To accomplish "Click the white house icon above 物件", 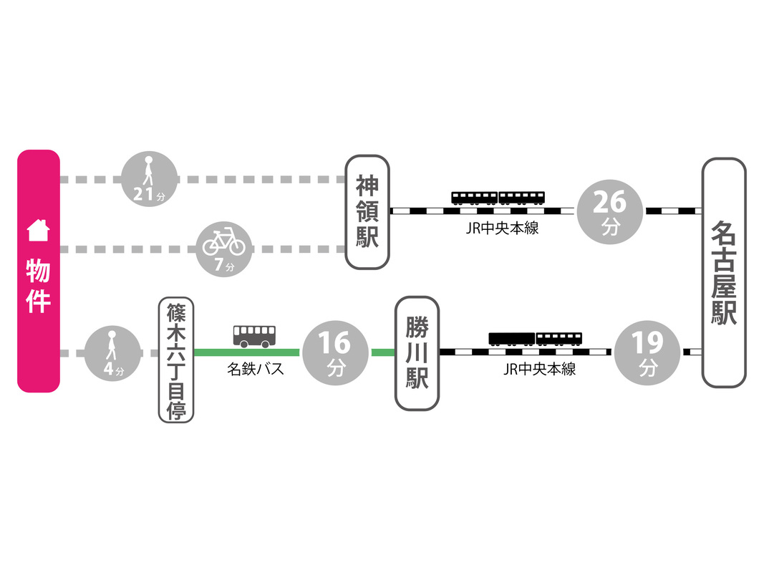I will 37,231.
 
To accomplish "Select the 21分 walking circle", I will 148,178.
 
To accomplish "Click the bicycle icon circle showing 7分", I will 224,248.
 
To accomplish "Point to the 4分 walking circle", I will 112,352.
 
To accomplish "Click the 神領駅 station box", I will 367,212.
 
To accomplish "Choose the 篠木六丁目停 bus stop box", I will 176,361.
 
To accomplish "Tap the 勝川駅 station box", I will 417,353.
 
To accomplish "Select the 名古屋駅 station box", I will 723,273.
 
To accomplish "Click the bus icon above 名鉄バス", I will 254,335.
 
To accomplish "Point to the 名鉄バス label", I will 255,370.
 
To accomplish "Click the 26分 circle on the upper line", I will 610,212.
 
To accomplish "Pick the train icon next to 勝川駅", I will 536,339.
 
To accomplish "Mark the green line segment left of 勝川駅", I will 382,352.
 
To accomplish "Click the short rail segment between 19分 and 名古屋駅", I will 692,352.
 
